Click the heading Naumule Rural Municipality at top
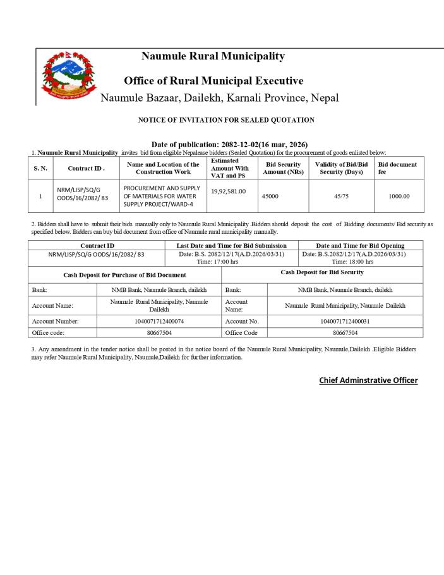(x=213, y=56)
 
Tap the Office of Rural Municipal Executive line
(x=213, y=81)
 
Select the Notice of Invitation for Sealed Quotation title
(x=226, y=119)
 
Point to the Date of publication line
(x=229, y=145)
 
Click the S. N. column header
(x=40, y=168)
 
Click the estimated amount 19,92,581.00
(x=229, y=191)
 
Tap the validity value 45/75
(x=341, y=196)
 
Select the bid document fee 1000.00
(x=399, y=196)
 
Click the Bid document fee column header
(x=397, y=168)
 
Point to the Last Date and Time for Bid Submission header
(x=231, y=245)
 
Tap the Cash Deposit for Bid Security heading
(x=322, y=272)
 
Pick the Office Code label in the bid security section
(x=241, y=332)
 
